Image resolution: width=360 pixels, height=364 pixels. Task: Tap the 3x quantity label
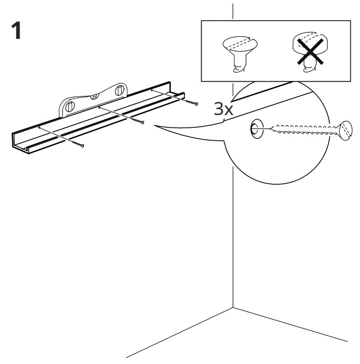(x=223, y=110)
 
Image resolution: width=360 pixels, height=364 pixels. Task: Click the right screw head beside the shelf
(x=195, y=103)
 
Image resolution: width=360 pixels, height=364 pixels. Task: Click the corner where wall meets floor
(x=232, y=307)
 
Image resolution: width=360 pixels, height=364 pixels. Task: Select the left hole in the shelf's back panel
(x=39, y=128)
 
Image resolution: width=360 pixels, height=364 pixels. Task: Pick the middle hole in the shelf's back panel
(x=99, y=107)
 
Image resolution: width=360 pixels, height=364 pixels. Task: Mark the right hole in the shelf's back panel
(x=152, y=90)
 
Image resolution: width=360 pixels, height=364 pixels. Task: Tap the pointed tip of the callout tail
(x=155, y=127)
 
